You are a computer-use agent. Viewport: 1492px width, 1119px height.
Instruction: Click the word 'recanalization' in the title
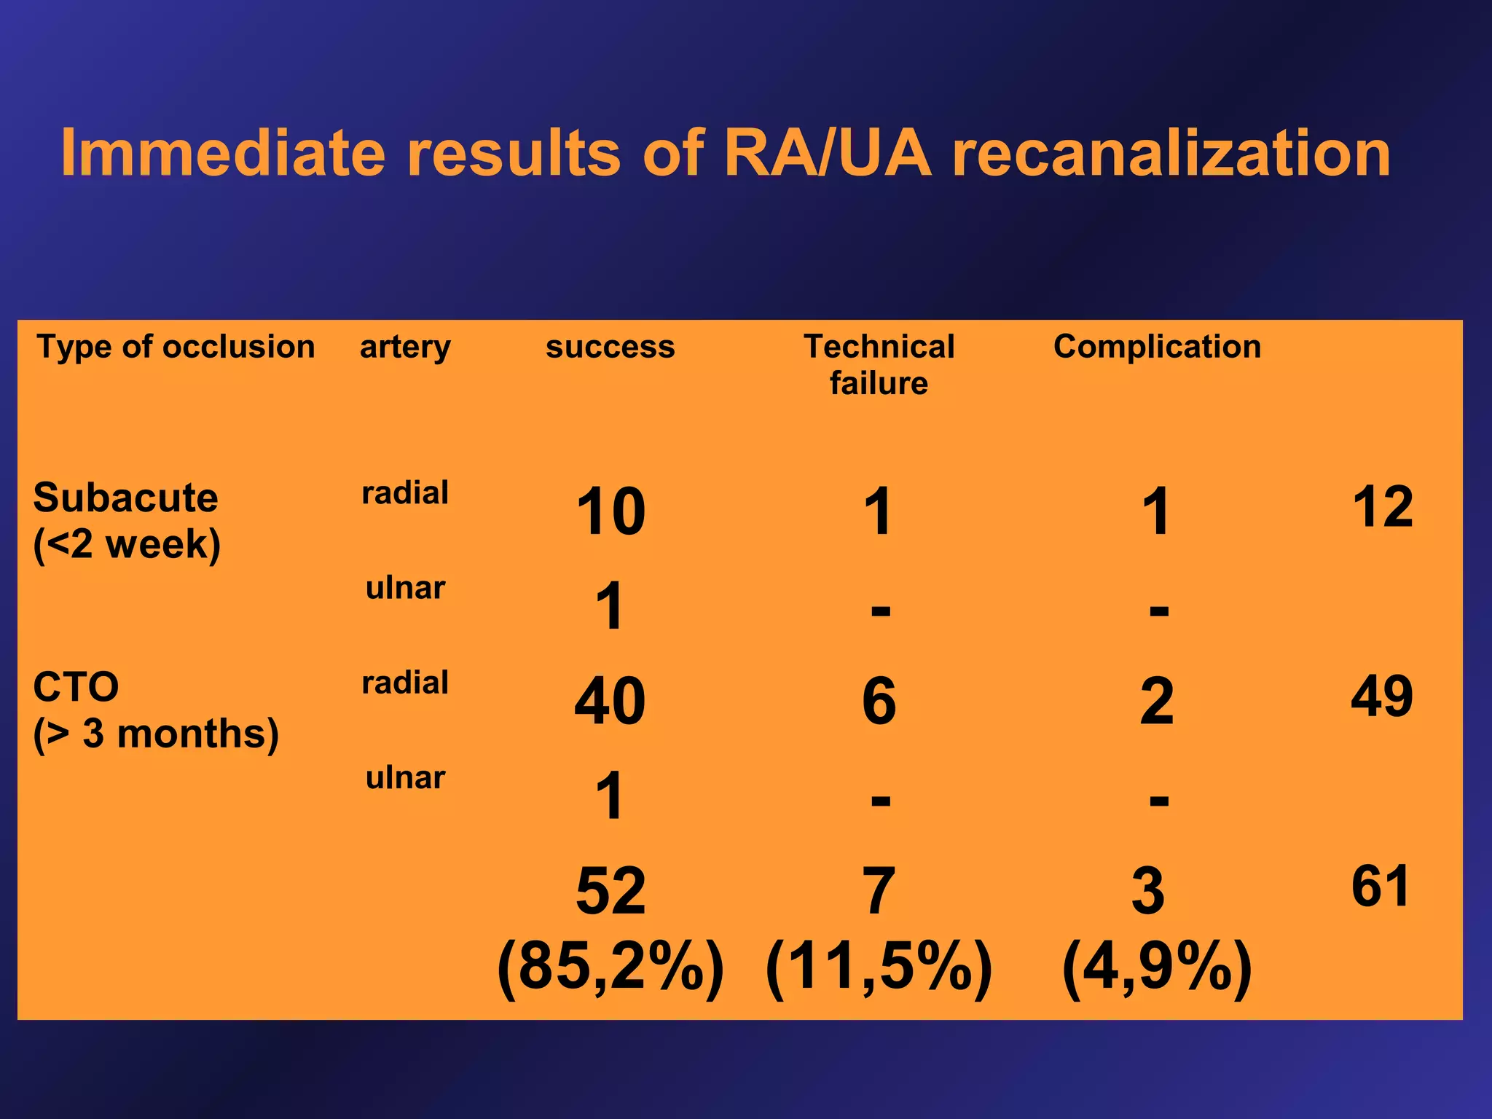pos(1171,153)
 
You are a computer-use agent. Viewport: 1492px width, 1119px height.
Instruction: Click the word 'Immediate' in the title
pos(222,153)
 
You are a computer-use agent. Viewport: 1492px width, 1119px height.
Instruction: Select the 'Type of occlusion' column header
pos(176,347)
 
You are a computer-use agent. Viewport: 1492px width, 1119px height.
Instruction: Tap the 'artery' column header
pos(405,347)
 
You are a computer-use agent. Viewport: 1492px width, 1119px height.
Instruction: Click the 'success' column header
pos(610,347)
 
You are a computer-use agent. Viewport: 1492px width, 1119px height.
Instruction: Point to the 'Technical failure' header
pos(879,364)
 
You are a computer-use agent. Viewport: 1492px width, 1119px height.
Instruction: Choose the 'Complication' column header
pos(1157,347)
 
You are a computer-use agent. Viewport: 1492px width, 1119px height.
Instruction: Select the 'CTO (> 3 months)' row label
pos(155,710)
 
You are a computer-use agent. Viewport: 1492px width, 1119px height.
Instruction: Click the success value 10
pos(610,511)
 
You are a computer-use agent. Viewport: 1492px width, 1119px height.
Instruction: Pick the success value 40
pos(610,701)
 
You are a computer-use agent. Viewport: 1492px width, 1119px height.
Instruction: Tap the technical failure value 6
pos(879,701)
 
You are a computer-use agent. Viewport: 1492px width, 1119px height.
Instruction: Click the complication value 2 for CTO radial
pos(1157,701)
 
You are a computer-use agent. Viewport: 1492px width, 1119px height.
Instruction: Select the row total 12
pos(1382,506)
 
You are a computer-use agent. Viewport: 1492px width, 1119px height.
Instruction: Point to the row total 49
pos(1381,696)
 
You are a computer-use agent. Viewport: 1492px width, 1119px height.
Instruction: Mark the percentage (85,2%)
pos(610,967)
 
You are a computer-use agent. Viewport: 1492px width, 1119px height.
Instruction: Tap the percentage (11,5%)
pos(879,967)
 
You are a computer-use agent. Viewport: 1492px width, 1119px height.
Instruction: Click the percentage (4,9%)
pos(1157,967)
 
